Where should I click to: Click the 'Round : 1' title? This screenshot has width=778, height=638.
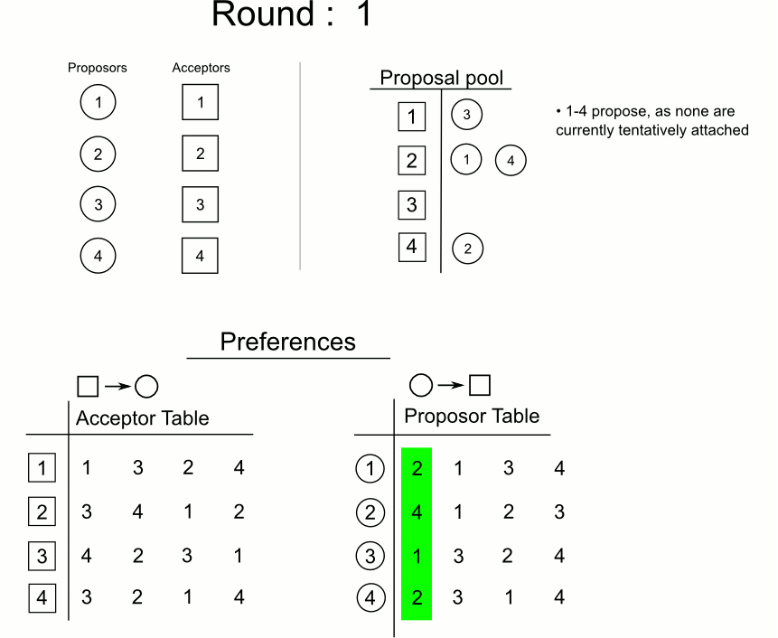click(291, 14)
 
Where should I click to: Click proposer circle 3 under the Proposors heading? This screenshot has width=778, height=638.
click(98, 203)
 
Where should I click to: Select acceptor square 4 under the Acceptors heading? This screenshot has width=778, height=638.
click(200, 255)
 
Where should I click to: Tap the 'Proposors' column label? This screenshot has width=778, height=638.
click(98, 68)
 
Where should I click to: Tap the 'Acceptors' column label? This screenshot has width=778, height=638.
click(200, 68)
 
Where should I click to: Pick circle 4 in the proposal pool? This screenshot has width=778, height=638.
click(510, 161)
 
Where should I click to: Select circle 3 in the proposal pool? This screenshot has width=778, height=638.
click(466, 116)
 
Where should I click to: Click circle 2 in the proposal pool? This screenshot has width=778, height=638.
click(466, 249)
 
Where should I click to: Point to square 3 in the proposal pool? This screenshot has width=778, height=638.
click(411, 205)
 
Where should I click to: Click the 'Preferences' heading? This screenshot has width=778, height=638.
click(288, 342)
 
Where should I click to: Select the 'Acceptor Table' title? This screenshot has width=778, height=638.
click(142, 418)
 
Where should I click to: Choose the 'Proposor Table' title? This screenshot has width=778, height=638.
click(471, 417)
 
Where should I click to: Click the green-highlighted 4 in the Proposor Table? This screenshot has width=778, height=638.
click(416, 511)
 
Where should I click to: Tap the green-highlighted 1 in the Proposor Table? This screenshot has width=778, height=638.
click(416, 556)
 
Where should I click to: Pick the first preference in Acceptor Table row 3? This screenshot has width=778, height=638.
click(86, 556)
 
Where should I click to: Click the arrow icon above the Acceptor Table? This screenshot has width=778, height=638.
click(117, 386)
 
